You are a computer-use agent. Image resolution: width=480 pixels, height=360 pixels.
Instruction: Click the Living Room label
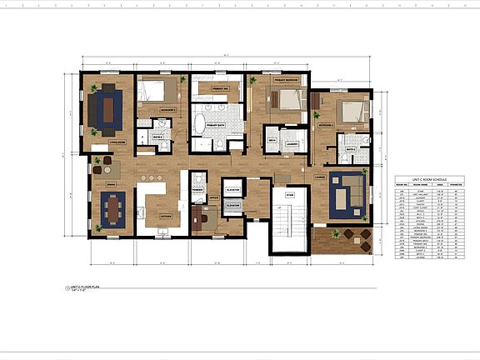click(x=106, y=142)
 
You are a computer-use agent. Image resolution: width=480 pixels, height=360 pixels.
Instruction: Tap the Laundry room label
click(x=292, y=142)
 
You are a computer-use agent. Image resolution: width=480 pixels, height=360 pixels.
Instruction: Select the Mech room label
click(x=272, y=142)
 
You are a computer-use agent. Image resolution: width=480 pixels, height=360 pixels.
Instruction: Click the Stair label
click(x=289, y=195)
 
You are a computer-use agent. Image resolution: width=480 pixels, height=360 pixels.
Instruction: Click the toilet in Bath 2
click(x=344, y=154)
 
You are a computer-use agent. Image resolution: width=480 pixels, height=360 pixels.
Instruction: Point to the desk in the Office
click(x=201, y=218)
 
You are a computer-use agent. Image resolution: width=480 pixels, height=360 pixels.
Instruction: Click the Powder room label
click(x=197, y=189)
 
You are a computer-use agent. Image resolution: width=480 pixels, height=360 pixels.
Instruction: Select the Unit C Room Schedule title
click(x=429, y=179)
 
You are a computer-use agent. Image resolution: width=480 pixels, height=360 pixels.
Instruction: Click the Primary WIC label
click(x=220, y=87)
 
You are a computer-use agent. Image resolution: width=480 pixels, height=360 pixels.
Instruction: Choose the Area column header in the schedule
click(x=439, y=184)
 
